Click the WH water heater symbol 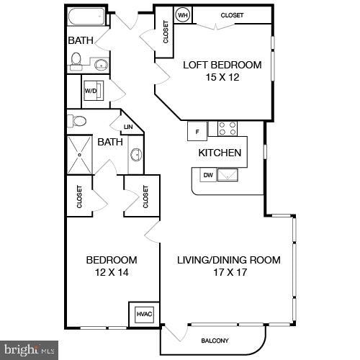coord(183,15)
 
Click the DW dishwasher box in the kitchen coord(207,174)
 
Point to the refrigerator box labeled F coord(197,130)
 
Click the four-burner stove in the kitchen coord(228,129)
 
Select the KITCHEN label coord(220,153)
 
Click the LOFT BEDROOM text coord(222,65)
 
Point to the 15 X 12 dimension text coord(222,78)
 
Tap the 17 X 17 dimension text coord(228,272)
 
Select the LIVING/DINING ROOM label coord(229,260)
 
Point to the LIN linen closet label coord(128,127)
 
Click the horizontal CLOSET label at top coord(232,15)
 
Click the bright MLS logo coord(29,351)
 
